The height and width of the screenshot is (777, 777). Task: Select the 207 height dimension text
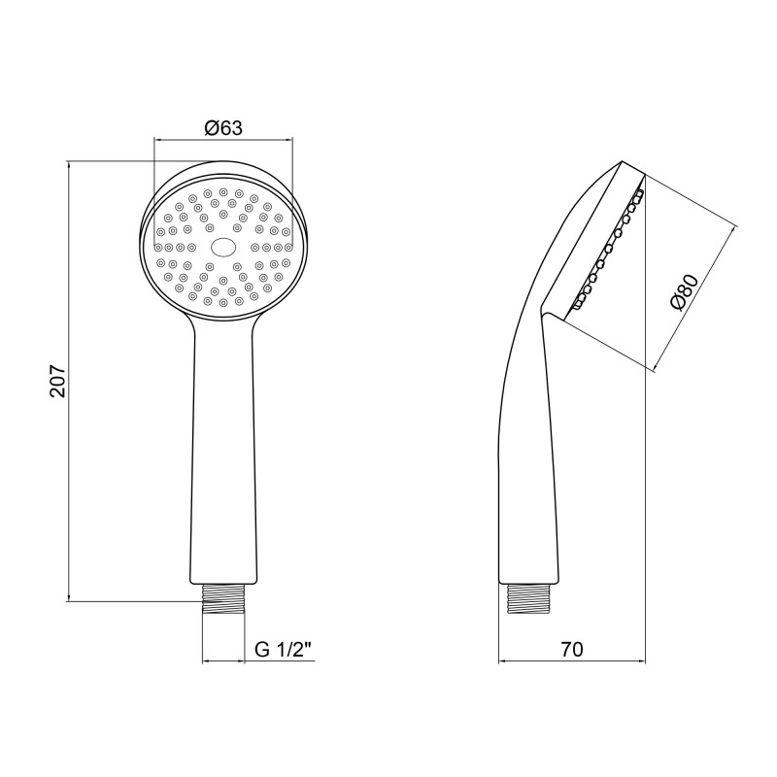pos(57,382)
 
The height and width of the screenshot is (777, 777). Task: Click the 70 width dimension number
pos(572,650)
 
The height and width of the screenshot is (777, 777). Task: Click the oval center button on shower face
pos(222,247)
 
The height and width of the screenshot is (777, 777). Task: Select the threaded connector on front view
pos(222,597)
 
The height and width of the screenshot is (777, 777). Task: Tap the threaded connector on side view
pos(530,596)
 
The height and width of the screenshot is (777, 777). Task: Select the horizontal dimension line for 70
pos(572,663)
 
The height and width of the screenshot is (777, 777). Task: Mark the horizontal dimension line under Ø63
pos(222,140)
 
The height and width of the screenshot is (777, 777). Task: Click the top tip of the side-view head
pos(622,161)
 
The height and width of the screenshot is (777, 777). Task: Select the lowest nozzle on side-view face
pos(576,305)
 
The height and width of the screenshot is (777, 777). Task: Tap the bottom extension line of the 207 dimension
pos(126,601)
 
